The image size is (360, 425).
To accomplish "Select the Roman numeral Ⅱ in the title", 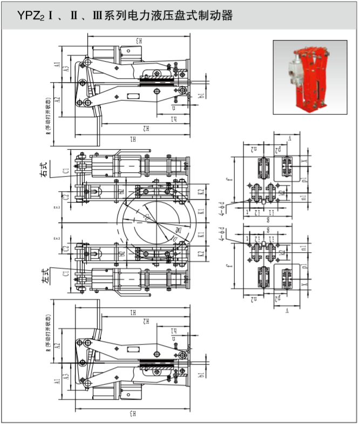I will click(x=73, y=16).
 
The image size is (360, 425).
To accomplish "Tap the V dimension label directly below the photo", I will click(x=289, y=139).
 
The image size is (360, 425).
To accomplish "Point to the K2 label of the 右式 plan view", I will click(x=201, y=191).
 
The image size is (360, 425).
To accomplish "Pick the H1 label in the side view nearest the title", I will click(x=133, y=139).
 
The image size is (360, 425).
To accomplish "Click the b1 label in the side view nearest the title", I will click(x=201, y=96).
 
